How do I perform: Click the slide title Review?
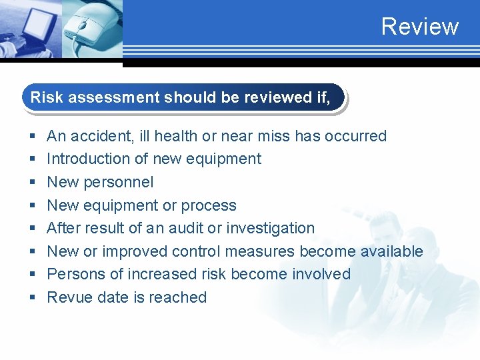[x=420, y=27]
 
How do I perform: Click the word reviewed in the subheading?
[x=277, y=97]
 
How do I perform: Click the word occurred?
[x=356, y=136]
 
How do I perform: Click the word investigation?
[x=270, y=228]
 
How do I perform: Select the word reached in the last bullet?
[x=181, y=297]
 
